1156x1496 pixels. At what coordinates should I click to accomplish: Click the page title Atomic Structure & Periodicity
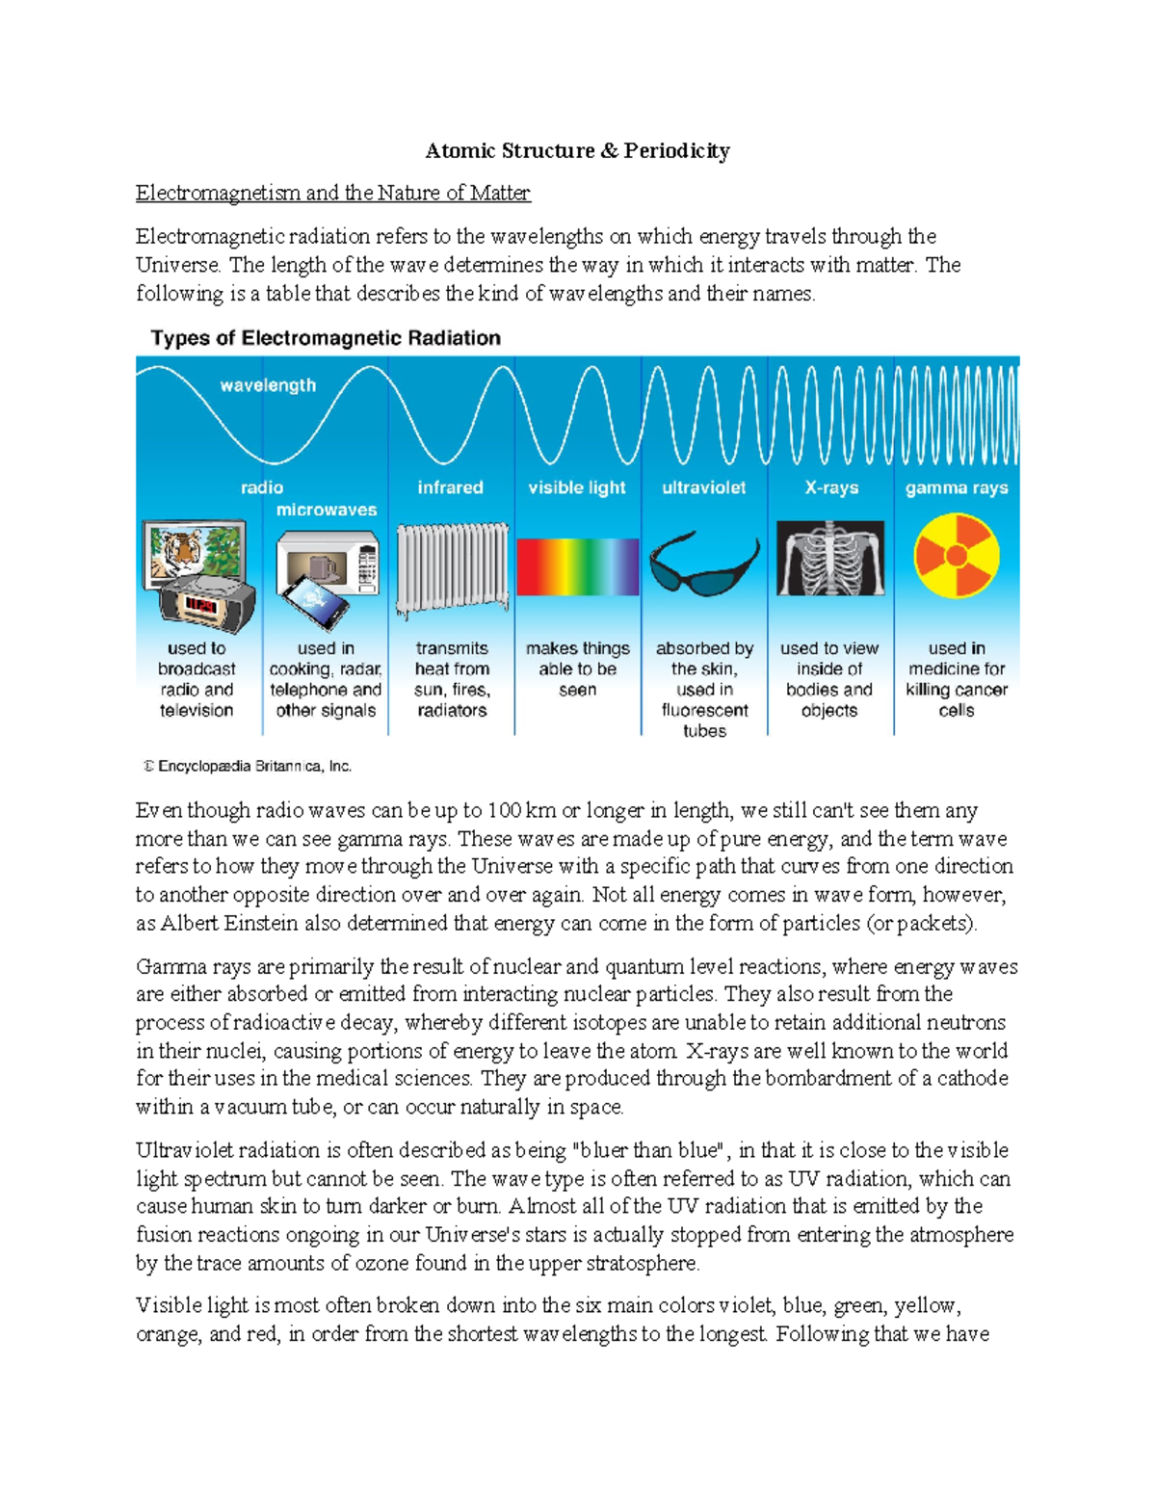(577, 150)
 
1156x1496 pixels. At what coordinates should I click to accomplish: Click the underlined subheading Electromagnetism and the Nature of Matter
(332, 193)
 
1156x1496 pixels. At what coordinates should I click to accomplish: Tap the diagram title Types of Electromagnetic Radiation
(326, 338)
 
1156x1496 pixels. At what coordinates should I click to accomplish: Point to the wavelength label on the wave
(268, 385)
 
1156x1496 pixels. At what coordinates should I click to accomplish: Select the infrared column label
(450, 487)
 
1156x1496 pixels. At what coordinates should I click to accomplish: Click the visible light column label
(577, 487)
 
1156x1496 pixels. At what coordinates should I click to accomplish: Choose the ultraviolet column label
(703, 487)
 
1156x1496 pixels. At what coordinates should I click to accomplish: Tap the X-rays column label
(831, 487)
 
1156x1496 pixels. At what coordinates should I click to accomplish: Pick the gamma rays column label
(957, 487)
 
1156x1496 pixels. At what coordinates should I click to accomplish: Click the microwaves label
(327, 510)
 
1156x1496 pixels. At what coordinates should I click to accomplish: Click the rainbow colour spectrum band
(577, 566)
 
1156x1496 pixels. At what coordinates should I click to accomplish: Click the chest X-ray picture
(830, 559)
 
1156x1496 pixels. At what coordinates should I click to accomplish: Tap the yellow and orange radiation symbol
(957, 556)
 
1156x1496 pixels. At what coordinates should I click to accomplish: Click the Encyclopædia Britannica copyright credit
(249, 767)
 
